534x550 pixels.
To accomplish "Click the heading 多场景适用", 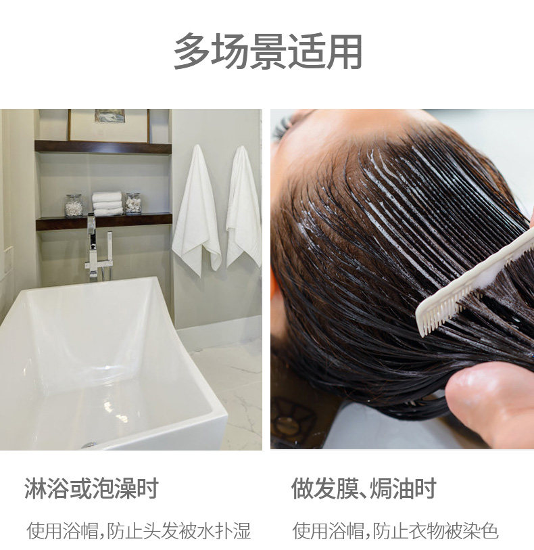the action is pos(268,51).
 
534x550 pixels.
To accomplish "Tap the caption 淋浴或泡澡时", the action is pos(92,488).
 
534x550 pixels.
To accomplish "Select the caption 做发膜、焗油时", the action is pos(364,488).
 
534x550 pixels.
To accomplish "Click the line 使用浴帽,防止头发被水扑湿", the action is pos(139,530).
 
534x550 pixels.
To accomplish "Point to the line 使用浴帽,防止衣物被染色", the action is pos(395,530).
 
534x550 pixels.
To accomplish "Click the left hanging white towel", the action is pos(197,210).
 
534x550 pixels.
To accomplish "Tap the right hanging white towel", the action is pos(244,207).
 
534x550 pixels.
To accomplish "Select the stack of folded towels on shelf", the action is pos(107,204).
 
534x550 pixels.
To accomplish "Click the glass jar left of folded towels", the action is pos(74,205).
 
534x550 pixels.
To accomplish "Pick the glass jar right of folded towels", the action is pos(133,204).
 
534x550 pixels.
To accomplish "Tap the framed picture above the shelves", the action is pos(109,125).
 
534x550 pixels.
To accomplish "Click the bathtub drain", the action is pos(89,444).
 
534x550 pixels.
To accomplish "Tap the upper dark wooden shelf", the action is pos(103,147).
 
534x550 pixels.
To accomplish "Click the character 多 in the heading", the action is pos(191,51).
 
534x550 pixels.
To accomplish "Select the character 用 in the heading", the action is pos(345,51).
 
